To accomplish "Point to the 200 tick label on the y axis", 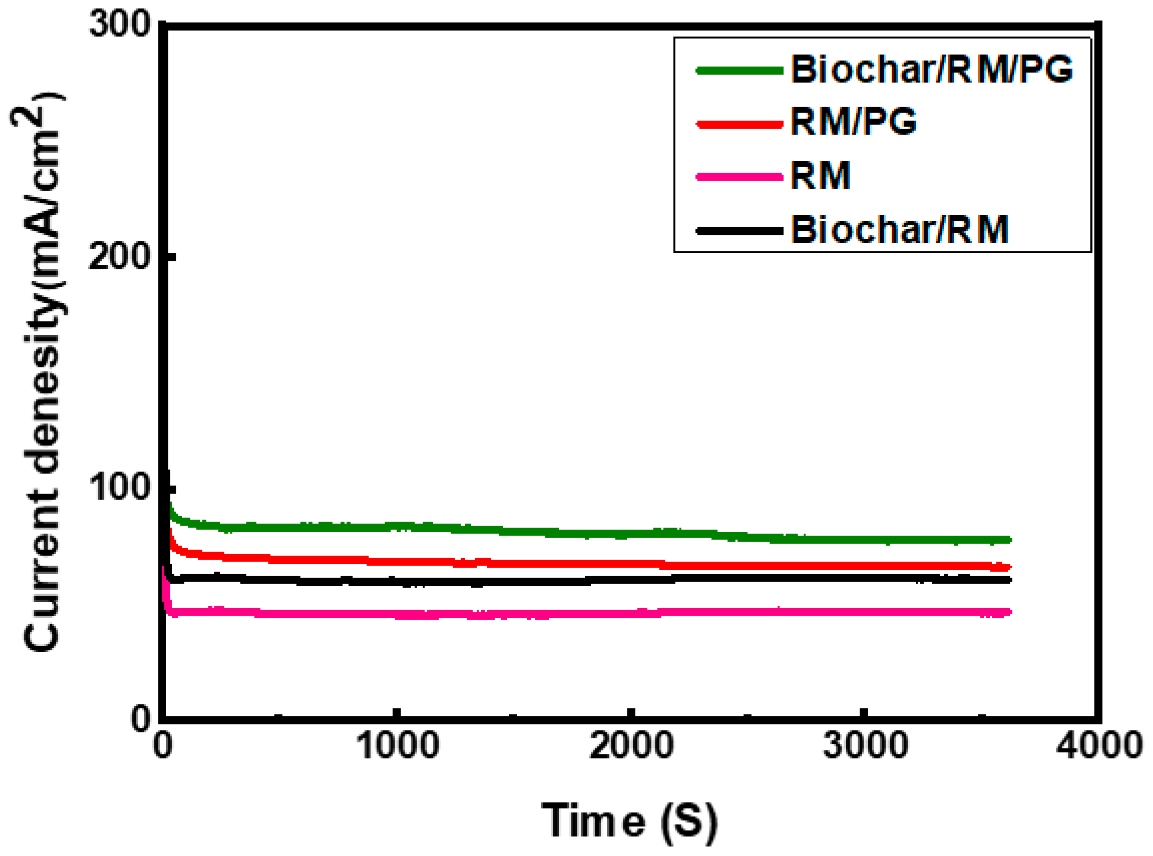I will tap(119, 256).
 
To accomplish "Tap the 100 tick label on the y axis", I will tap(119, 487).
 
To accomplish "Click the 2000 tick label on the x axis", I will tap(631, 746).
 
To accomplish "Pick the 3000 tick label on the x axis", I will tap(865, 746).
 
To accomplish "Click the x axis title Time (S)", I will tap(629, 821).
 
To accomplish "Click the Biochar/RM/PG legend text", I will tap(931, 70).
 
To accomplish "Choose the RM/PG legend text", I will tap(853, 122).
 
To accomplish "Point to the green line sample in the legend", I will tap(739, 71).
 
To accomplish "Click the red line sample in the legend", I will tap(739, 124).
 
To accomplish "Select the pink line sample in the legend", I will tap(739, 177).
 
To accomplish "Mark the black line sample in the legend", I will tap(739, 230).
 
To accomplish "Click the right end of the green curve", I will tap(1009, 540).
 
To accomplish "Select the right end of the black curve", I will tap(1009, 580).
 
